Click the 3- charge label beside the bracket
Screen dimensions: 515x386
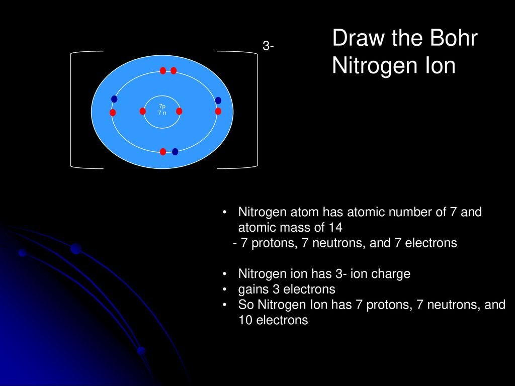[268, 46]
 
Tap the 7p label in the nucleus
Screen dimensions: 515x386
[162, 107]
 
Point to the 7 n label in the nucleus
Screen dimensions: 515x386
[162, 113]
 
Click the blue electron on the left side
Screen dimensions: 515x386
[114, 99]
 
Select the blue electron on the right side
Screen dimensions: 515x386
[218, 101]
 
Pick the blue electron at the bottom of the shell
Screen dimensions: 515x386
[175, 152]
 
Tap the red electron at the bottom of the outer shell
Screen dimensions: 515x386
[163, 152]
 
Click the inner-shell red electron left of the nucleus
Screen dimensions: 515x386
[142, 111]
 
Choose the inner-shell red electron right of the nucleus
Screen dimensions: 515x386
[179, 111]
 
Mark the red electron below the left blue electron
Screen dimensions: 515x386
[113, 113]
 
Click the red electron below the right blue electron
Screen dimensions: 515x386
[218, 111]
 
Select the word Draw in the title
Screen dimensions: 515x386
[358, 38]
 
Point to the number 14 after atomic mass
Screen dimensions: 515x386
[335, 228]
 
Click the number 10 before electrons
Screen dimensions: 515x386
[245, 320]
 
